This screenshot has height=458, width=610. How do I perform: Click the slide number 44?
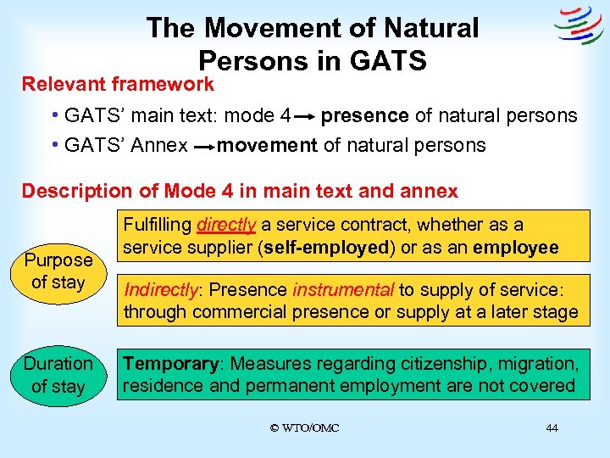click(552, 427)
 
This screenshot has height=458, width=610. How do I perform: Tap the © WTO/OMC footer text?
click(304, 427)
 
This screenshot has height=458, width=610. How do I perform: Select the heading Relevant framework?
click(118, 84)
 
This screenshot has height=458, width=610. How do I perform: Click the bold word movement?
click(267, 146)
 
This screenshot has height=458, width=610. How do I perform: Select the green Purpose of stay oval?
click(58, 271)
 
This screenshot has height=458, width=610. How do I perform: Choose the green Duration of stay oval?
click(58, 375)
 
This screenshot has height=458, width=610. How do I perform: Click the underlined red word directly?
click(225, 225)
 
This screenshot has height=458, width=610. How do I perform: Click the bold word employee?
click(516, 248)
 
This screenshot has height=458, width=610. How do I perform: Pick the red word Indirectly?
click(160, 289)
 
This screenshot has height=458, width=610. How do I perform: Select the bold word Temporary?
click(170, 364)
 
